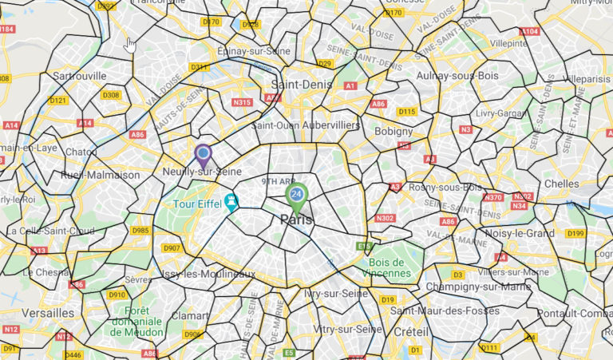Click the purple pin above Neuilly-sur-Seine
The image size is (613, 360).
[203, 153]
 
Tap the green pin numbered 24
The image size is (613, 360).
[296, 196]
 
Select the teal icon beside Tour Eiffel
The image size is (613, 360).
[231, 200]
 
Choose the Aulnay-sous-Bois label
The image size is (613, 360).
[455, 76]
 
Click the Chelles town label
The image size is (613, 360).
[562, 184]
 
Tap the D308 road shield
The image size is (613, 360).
[111, 95]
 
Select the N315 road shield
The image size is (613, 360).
[242, 102]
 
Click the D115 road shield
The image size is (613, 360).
[407, 111]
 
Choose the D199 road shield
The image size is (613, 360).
[575, 233]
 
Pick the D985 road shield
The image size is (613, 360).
[140, 231]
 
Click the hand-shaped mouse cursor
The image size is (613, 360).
[131, 44]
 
